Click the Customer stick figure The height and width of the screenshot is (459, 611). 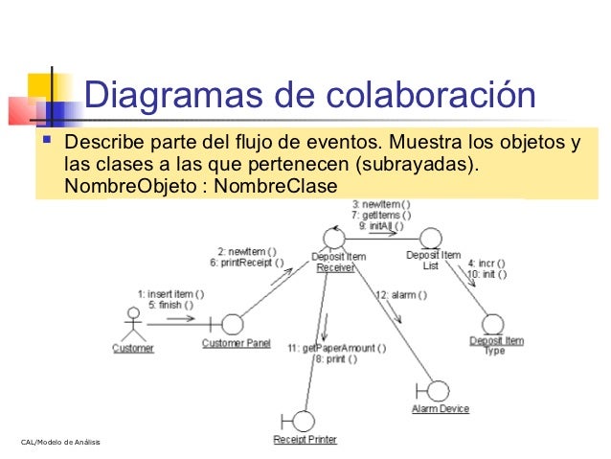(x=132, y=322)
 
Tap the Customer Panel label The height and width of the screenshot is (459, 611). (x=236, y=343)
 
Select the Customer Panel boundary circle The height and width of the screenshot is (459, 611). (x=231, y=324)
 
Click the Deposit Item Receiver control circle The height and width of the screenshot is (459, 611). (x=333, y=237)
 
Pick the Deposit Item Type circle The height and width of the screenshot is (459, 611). (x=494, y=323)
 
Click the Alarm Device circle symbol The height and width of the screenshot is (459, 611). (x=439, y=390)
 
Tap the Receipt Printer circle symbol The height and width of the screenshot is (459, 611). (x=303, y=421)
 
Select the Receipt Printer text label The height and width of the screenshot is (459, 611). (x=305, y=440)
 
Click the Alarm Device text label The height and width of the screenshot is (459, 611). (x=440, y=409)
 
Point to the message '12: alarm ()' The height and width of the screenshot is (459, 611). (x=396, y=295)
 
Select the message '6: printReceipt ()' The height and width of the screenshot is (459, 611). (x=251, y=263)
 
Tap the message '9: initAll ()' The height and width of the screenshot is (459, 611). (x=382, y=226)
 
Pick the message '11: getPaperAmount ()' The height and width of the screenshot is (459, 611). (x=337, y=348)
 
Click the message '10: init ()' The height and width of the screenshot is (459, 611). (x=487, y=274)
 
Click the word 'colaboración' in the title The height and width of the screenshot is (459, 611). (x=432, y=97)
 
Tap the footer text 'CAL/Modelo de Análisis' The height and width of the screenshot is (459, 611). (x=59, y=441)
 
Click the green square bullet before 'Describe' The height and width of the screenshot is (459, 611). (x=43, y=144)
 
